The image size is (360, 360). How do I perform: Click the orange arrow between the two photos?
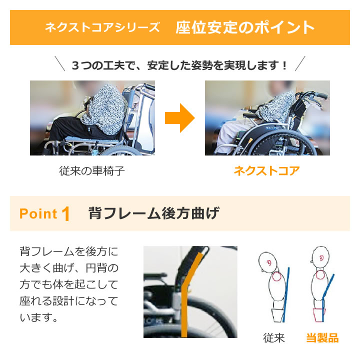(179, 118)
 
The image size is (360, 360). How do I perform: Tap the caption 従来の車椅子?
(91, 171)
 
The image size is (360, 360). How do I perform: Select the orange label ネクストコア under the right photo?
(267, 171)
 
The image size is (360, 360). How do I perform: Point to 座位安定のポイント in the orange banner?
(245, 27)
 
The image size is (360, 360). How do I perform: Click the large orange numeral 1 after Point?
(65, 214)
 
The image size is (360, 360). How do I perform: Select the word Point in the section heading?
(38, 214)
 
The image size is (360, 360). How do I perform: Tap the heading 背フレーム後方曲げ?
(153, 213)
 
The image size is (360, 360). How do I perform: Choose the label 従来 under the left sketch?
(274, 338)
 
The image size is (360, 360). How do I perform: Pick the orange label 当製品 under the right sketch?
(322, 338)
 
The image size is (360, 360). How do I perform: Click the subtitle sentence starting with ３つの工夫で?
(180, 65)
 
